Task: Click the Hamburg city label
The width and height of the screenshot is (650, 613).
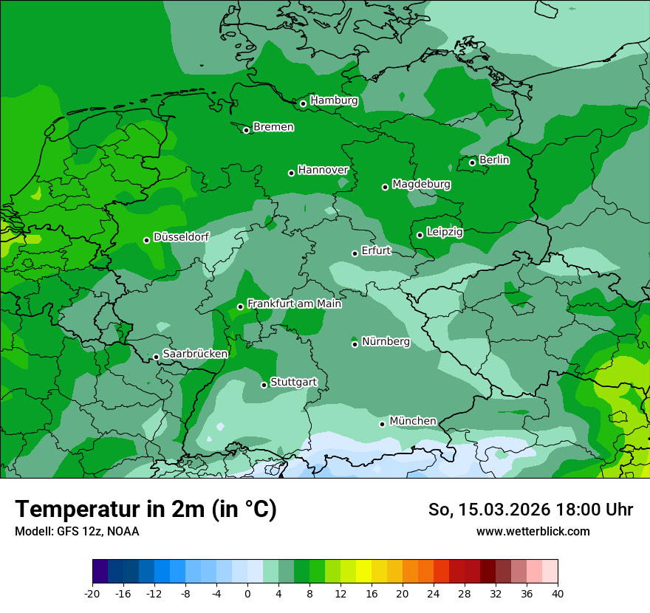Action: (334, 100)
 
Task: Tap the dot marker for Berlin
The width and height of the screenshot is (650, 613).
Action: (472, 162)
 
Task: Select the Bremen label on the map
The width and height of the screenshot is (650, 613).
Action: (273, 127)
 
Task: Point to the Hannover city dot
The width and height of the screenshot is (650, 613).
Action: (291, 173)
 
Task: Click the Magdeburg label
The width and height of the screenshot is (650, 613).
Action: (421, 184)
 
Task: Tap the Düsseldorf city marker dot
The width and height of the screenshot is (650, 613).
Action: (146, 240)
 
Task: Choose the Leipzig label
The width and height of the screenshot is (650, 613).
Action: (445, 232)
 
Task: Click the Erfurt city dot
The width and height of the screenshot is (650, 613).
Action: (355, 253)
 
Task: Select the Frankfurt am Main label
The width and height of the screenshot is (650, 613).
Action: (294, 304)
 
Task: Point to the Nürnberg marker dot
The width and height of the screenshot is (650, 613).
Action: (355, 344)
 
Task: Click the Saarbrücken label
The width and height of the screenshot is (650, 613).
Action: (195, 354)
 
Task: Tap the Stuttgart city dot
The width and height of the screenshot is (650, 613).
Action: (264, 385)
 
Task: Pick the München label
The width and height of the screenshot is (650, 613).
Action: (412, 421)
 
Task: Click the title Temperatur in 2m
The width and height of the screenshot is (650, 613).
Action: (146, 509)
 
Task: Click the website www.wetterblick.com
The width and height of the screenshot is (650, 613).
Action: (533, 531)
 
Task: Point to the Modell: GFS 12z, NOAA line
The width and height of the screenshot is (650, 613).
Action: (77, 531)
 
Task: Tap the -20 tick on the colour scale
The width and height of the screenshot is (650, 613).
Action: (92, 594)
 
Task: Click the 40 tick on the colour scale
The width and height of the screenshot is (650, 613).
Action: (558, 594)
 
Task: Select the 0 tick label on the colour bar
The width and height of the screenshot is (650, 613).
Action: (247, 594)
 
